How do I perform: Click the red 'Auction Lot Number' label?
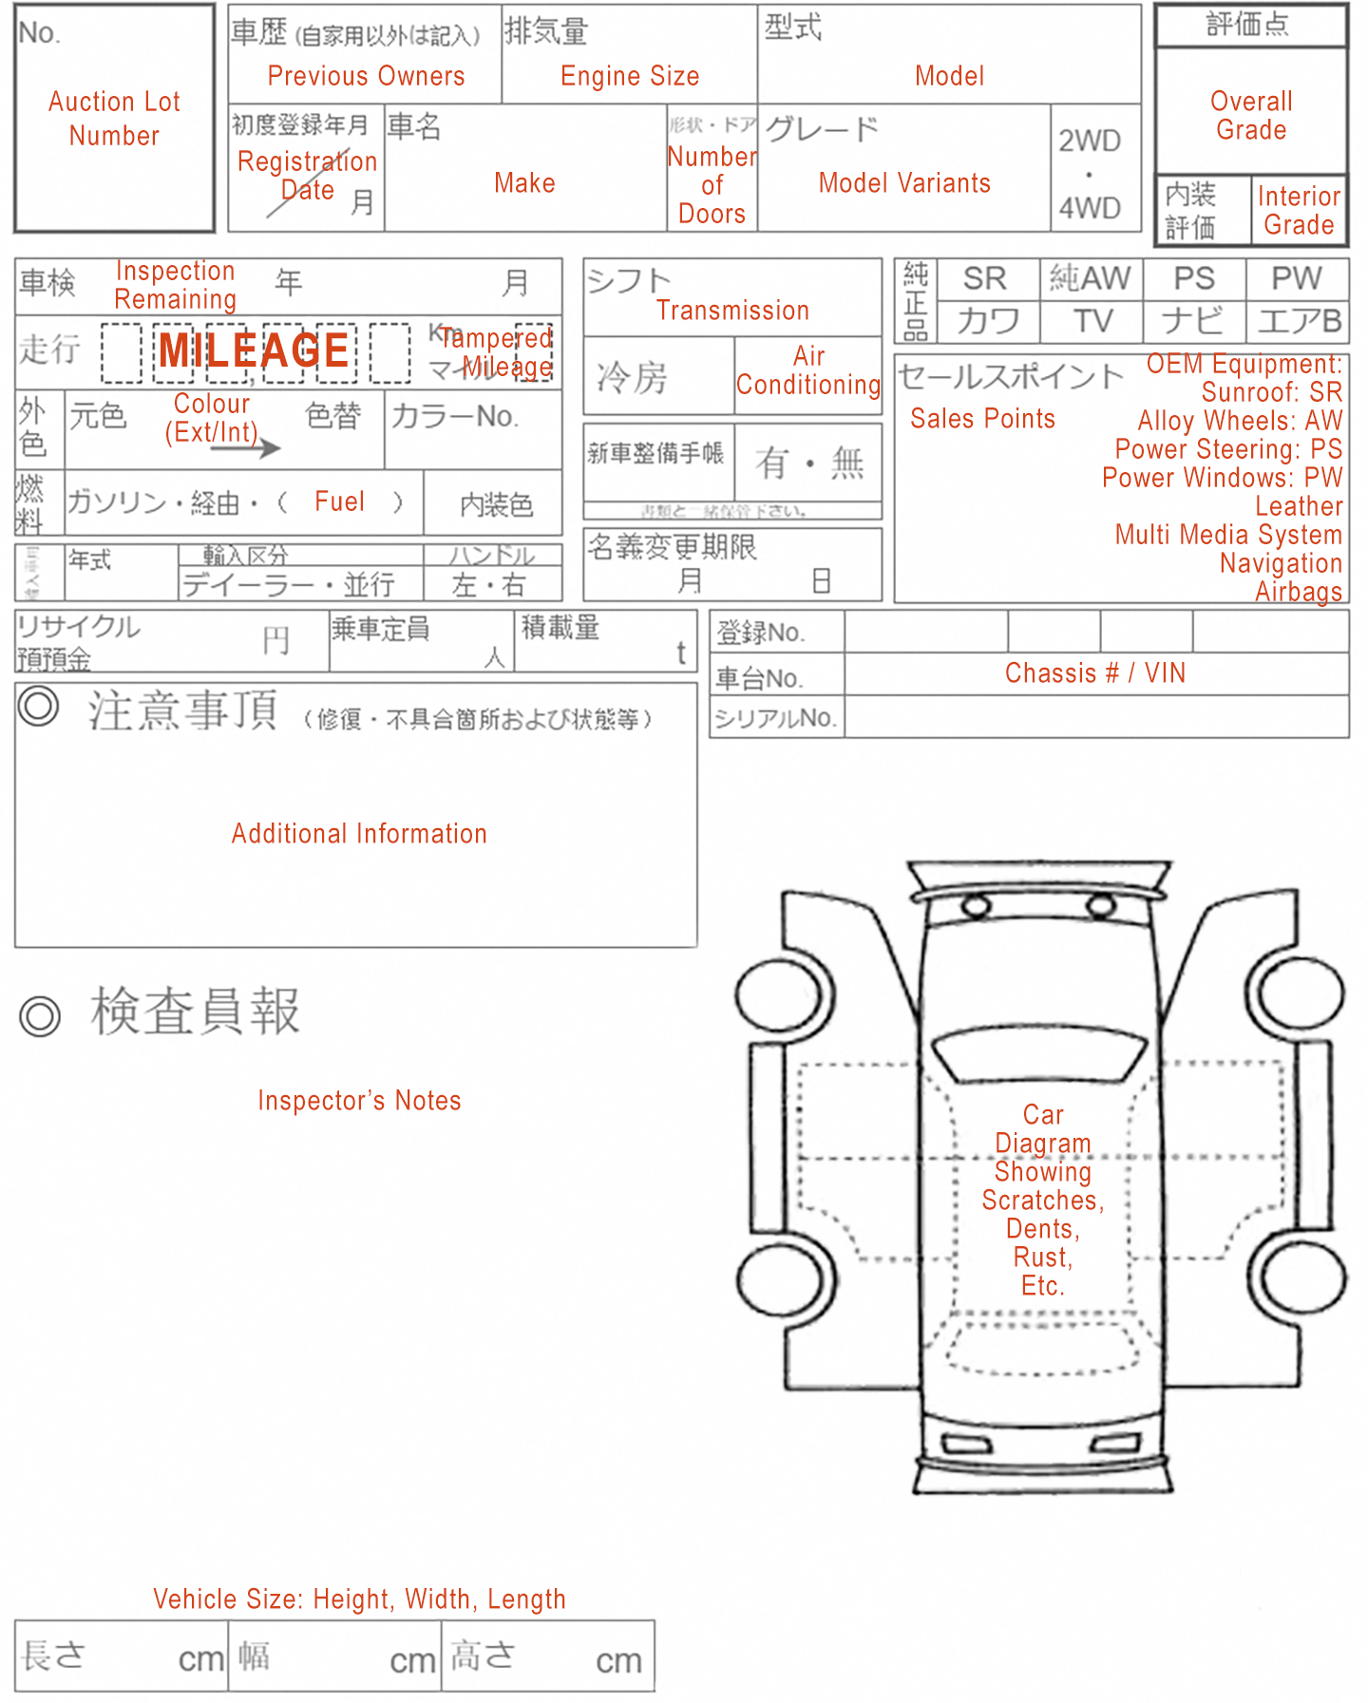pyautogui.click(x=114, y=119)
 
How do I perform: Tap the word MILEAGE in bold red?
pyautogui.click(x=254, y=350)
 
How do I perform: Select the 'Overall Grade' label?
pyautogui.click(x=1251, y=116)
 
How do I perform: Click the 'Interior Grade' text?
pyautogui.click(x=1299, y=211)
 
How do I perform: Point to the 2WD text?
pyautogui.click(x=1090, y=142)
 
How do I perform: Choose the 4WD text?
pyautogui.click(x=1090, y=208)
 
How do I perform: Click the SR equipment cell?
pyautogui.click(x=984, y=278)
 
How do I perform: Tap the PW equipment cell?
pyautogui.click(x=1296, y=278)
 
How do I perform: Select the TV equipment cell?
pyautogui.click(x=1092, y=321)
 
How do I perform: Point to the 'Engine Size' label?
pyautogui.click(x=630, y=76)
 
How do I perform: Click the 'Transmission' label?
pyautogui.click(x=732, y=311)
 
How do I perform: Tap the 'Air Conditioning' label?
pyautogui.click(x=808, y=370)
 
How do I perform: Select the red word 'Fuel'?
pyautogui.click(x=339, y=501)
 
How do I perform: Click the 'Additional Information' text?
pyautogui.click(x=359, y=834)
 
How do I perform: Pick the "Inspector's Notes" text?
pyautogui.click(x=359, y=1101)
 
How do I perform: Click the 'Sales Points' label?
pyautogui.click(x=982, y=419)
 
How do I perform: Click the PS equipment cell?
pyautogui.click(x=1193, y=278)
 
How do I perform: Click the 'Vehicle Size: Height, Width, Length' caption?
pyautogui.click(x=359, y=1599)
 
